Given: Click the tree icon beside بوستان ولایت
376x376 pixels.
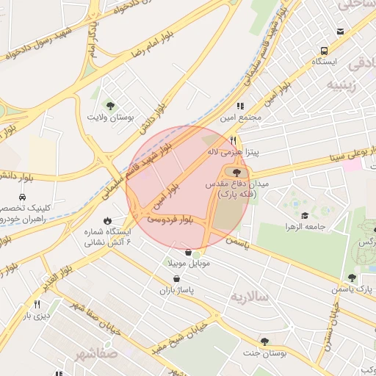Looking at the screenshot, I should click(x=110, y=106).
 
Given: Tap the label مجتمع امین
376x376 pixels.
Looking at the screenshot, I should click(x=263, y=117).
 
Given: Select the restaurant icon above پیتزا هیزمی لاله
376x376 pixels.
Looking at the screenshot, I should click(x=234, y=140).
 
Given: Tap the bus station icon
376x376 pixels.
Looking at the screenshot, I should click(x=323, y=51).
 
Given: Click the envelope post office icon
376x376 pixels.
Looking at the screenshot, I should click(x=340, y=32).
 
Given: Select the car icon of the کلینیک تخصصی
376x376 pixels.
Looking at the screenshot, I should click(x=23, y=198).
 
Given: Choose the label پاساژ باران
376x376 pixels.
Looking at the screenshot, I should click(x=175, y=292).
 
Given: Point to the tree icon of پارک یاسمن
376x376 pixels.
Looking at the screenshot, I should click(x=352, y=278).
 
